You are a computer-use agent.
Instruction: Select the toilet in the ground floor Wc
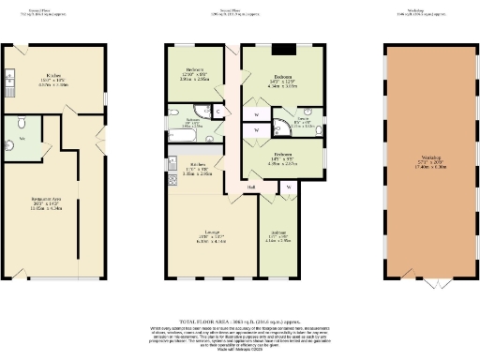(x=12, y=145)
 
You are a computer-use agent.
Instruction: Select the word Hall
(x=251, y=187)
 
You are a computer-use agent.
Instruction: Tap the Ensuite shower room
(x=291, y=125)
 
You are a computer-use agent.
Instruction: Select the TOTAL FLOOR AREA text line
(x=240, y=320)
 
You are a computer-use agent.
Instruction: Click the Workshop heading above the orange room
(x=430, y=12)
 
